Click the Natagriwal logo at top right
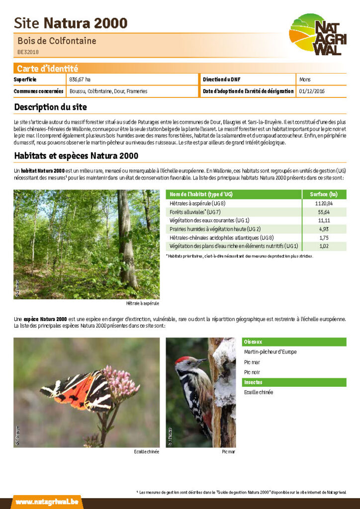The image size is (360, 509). (x=316, y=34)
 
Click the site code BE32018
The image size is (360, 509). (x=28, y=52)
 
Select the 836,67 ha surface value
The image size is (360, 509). (x=80, y=80)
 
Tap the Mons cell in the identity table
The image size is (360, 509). (x=305, y=80)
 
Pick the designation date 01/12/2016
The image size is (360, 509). (x=311, y=91)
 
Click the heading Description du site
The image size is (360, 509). (x=50, y=107)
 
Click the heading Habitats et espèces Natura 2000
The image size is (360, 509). (x=76, y=156)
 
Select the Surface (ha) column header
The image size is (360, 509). (x=324, y=194)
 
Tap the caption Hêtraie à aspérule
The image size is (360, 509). (x=143, y=303)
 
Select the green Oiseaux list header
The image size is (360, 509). (x=294, y=342)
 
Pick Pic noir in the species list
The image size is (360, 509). (x=252, y=372)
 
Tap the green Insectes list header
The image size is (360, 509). (x=294, y=382)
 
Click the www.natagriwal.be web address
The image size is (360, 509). (x=47, y=503)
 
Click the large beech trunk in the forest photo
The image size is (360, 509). (x=126, y=239)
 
